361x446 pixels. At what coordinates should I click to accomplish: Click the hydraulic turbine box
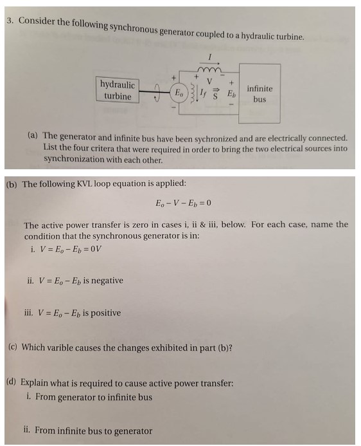point(118,91)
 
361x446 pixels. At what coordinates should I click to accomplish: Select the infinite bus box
point(260,94)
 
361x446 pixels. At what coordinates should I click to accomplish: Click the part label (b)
point(12,184)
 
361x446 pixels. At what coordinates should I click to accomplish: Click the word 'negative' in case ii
point(103,281)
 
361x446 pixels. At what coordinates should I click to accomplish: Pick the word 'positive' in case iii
point(102,313)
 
